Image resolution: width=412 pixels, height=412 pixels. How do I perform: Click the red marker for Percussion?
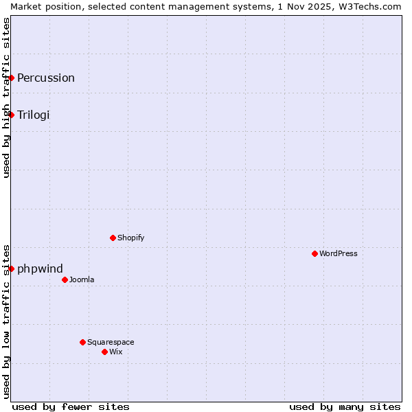12,78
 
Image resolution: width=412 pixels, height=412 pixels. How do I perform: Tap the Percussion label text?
46,78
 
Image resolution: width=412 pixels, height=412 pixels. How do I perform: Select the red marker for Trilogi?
12,115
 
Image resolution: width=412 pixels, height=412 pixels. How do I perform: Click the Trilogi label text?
34,115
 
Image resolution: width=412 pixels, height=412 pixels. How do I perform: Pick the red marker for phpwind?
12,268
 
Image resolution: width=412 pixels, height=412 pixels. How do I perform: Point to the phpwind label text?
40,268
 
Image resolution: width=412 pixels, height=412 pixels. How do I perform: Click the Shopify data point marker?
113,238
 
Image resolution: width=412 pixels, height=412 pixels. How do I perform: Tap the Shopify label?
130,238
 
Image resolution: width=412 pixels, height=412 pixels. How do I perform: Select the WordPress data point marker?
315,253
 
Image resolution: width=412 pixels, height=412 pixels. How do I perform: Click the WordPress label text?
339,253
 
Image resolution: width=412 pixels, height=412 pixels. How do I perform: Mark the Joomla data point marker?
65,279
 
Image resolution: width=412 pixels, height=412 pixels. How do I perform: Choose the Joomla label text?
82,279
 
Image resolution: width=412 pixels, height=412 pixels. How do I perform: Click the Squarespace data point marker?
83,342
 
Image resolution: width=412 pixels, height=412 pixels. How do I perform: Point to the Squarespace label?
111,342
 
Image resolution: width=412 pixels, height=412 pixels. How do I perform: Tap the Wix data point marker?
105,352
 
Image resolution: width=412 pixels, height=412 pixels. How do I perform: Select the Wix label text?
116,352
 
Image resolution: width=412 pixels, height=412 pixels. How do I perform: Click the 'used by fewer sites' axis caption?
71,407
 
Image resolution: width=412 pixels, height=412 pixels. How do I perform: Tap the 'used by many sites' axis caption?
345,407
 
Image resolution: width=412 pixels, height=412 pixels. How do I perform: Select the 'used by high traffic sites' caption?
6,98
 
